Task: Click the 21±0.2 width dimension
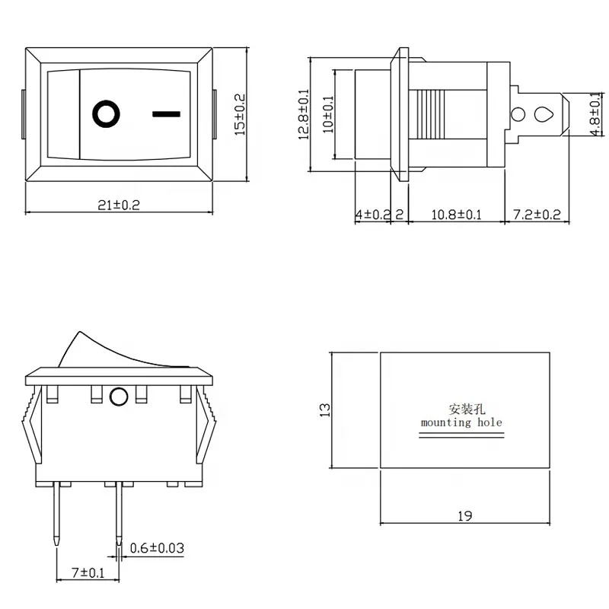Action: tap(119, 205)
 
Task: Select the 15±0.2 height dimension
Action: tap(240, 115)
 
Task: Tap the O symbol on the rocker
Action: tap(106, 113)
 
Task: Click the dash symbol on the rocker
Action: tap(166, 113)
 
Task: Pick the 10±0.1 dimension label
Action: tap(328, 115)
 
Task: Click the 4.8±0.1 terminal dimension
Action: tap(595, 114)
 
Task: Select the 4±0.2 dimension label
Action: tap(372, 215)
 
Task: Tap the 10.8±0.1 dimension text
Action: tap(456, 215)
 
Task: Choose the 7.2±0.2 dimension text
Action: tap(537, 215)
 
